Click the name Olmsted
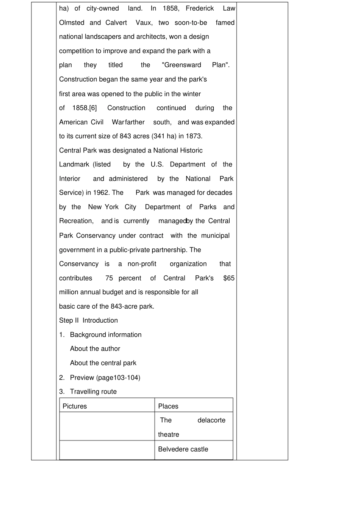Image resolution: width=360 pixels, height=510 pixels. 72,23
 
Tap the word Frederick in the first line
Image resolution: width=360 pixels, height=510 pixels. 200,8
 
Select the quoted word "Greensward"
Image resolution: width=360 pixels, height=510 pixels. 182,65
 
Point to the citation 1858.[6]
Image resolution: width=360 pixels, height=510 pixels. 85,108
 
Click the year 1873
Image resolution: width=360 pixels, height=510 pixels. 194,136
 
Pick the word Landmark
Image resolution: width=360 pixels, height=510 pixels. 74,165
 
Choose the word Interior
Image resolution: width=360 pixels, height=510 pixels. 70,179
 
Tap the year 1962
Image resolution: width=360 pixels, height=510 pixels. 101,193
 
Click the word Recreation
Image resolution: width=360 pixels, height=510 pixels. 76,221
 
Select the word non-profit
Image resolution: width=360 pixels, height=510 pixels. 142,264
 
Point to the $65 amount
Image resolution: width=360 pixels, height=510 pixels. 229,278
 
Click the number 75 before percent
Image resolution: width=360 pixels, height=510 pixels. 109,278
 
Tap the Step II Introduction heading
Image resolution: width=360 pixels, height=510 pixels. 88,320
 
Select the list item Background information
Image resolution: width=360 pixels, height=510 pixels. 106,335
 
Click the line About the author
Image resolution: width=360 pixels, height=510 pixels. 95,349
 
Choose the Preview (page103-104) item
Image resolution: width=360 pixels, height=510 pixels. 105,378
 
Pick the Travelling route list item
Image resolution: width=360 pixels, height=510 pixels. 93,392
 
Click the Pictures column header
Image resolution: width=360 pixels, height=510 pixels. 75,406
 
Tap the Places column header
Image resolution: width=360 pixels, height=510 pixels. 168,406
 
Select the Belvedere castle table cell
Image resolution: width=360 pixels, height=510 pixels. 183,449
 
